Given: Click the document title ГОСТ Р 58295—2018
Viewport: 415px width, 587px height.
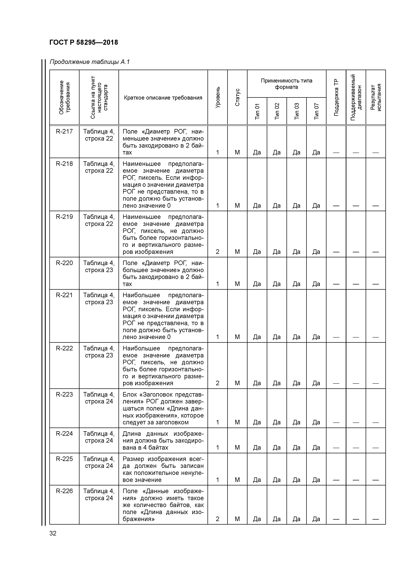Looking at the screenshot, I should (84, 43).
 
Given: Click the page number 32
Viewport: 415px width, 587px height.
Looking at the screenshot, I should (53, 533).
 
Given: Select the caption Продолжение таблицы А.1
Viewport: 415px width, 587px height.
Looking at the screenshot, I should (90, 62).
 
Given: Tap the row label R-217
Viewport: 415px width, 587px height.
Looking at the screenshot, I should (64, 131).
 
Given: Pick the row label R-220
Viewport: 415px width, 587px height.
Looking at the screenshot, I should (64, 263).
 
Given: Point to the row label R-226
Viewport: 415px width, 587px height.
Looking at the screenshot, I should (64, 491).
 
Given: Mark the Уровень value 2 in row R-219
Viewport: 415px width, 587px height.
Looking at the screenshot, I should (217, 252).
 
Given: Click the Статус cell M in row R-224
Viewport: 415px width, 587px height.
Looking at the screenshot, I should (237, 447).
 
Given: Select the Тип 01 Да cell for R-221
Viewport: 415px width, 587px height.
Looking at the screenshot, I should (257, 337).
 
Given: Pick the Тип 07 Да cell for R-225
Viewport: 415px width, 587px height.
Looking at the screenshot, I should (316, 480).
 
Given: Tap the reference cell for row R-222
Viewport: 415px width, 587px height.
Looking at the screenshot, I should (99, 352).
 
